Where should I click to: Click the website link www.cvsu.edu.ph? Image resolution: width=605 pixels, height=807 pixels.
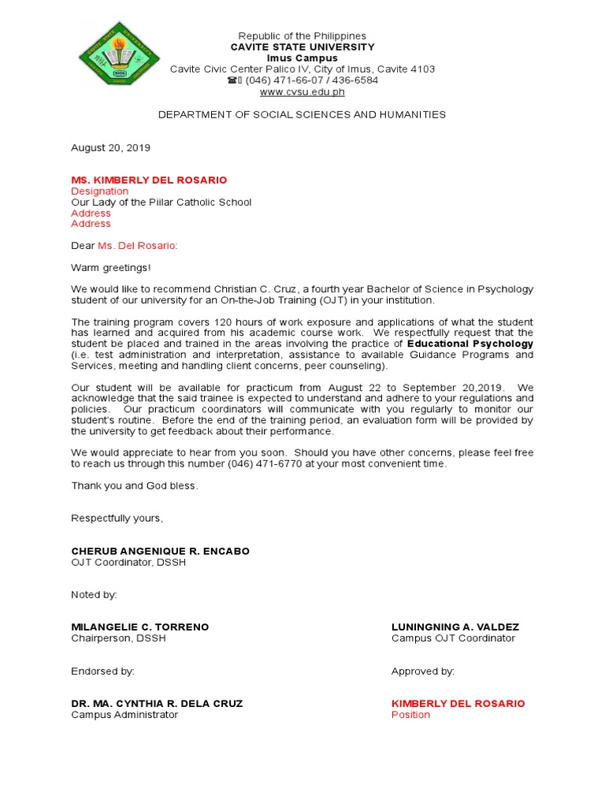pyautogui.click(x=302, y=91)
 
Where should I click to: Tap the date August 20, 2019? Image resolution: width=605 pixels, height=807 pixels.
pyautogui.click(x=110, y=147)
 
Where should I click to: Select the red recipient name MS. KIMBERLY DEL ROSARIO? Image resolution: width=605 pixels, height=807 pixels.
pyautogui.click(x=149, y=180)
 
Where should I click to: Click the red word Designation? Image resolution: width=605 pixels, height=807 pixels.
pyautogui.click(x=99, y=192)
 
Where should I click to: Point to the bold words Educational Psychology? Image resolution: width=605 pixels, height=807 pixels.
pyautogui.click(x=470, y=344)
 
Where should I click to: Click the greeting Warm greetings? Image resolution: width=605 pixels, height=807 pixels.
pyautogui.click(x=110, y=268)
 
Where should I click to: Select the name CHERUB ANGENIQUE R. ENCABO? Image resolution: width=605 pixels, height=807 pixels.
pyautogui.click(x=160, y=552)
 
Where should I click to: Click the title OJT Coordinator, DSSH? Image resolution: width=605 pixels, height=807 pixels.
pyautogui.click(x=128, y=563)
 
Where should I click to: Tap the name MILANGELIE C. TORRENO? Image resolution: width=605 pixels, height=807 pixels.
pyautogui.click(x=140, y=627)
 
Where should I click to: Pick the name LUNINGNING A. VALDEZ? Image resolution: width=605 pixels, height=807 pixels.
pyautogui.click(x=455, y=627)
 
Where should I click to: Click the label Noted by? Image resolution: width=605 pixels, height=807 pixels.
pyautogui.click(x=94, y=595)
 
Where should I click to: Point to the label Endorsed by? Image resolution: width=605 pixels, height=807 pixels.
pyautogui.click(x=102, y=671)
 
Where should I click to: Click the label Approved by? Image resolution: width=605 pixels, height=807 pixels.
pyautogui.click(x=423, y=671)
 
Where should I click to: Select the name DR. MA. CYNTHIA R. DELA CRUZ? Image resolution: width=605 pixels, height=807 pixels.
pyautogui.click(x=157, y=704)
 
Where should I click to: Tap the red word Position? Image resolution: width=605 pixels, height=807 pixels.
pyautogui.click(x=410, y=715)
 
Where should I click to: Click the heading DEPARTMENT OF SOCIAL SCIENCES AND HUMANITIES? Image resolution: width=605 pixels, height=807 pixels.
pyautogui.click(x=302, y=115)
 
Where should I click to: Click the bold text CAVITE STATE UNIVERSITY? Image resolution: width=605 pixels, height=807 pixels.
pyautogui.click(x=302, y=47)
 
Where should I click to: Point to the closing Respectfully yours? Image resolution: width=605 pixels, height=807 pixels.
pyautogui.click(x=117, y=519)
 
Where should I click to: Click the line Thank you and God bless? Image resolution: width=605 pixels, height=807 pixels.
pyautogui.click(x=135, y=486)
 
